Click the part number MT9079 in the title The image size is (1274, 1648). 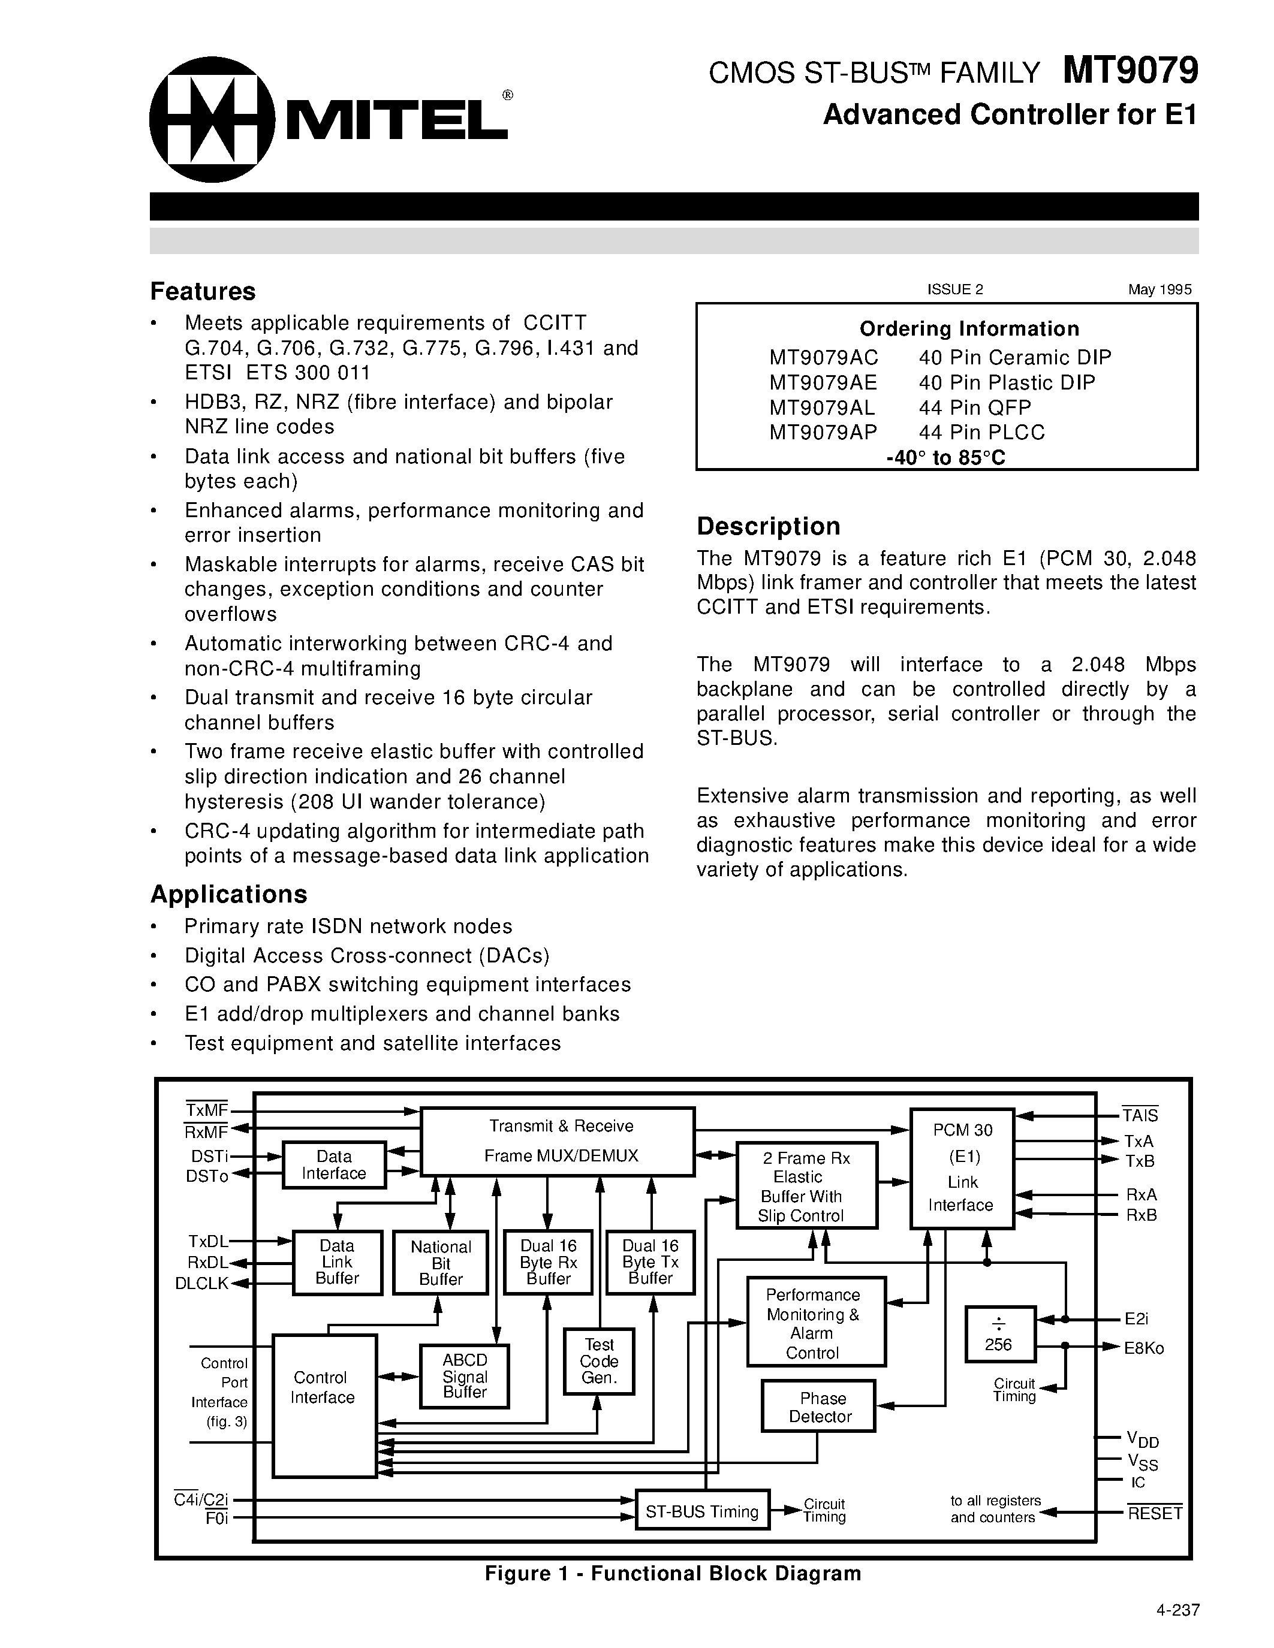(x=1130, y=71)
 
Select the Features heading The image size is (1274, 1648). (x=203, y=291)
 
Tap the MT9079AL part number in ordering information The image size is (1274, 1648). (x=822, y=408)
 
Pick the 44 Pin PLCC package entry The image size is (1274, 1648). (x=981, y=432)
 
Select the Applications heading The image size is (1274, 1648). (x=228, y=894)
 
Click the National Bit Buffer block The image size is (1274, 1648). (x=441, y=1263)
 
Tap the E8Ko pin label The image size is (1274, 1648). (x=1143, y=1348)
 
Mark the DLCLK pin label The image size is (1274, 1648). (x=201, y=1284)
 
